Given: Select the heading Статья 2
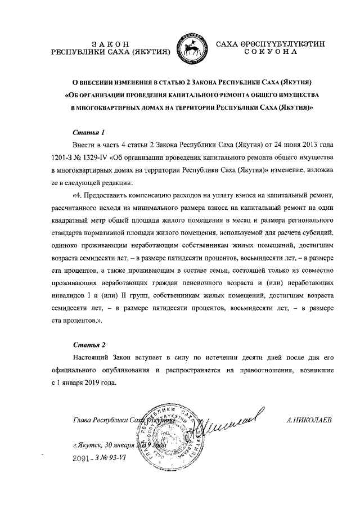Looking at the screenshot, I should coord(89,344).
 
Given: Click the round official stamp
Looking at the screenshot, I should coord(167,436).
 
